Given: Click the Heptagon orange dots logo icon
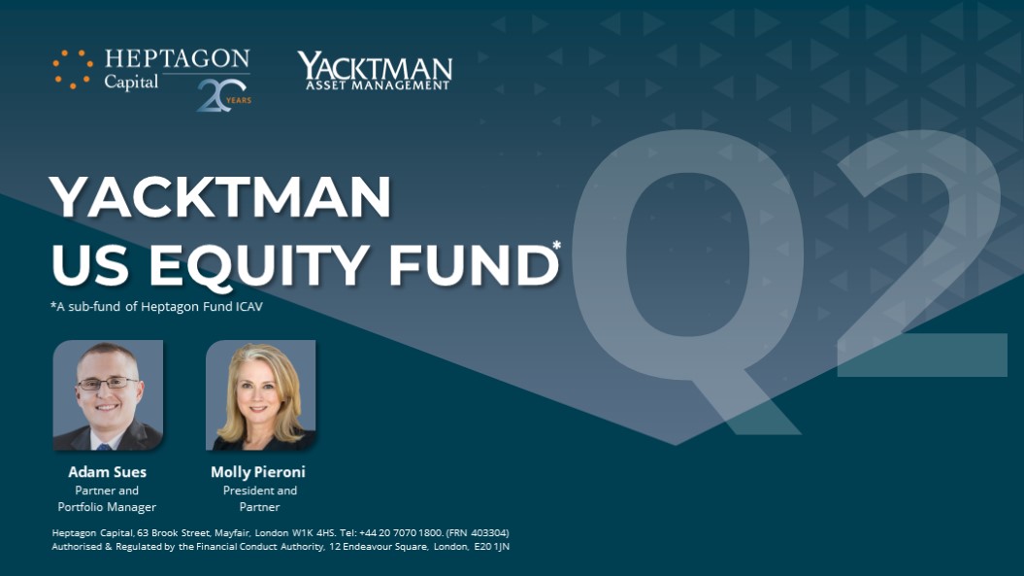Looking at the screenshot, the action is coord(73,69).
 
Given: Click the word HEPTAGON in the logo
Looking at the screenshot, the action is coord(177,59).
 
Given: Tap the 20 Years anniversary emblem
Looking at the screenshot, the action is coord(224,95).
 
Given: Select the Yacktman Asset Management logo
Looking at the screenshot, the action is coord(375,71).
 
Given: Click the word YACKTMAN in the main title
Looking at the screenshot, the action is coord(220,196).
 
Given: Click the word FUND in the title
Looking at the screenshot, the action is coord(474,264).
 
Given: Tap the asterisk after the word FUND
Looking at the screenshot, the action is coord(556,246).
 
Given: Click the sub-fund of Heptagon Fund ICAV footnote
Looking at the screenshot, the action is coord(156,306).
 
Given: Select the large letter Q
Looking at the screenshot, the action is coord(687,281).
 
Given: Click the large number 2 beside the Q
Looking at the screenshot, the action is coord(921,253).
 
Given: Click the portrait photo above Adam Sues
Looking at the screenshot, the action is coord(108,395).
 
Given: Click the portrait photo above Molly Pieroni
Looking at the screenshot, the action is coord(260,395).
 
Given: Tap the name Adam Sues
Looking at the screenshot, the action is coord(107,472).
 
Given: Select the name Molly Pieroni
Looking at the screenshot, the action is coord(258,472).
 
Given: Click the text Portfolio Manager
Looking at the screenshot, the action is coord(107,507).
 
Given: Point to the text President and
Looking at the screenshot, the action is coord(260,491).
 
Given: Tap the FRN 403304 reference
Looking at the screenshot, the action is coord(478,533).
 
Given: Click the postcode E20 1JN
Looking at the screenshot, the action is coord(492,547).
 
